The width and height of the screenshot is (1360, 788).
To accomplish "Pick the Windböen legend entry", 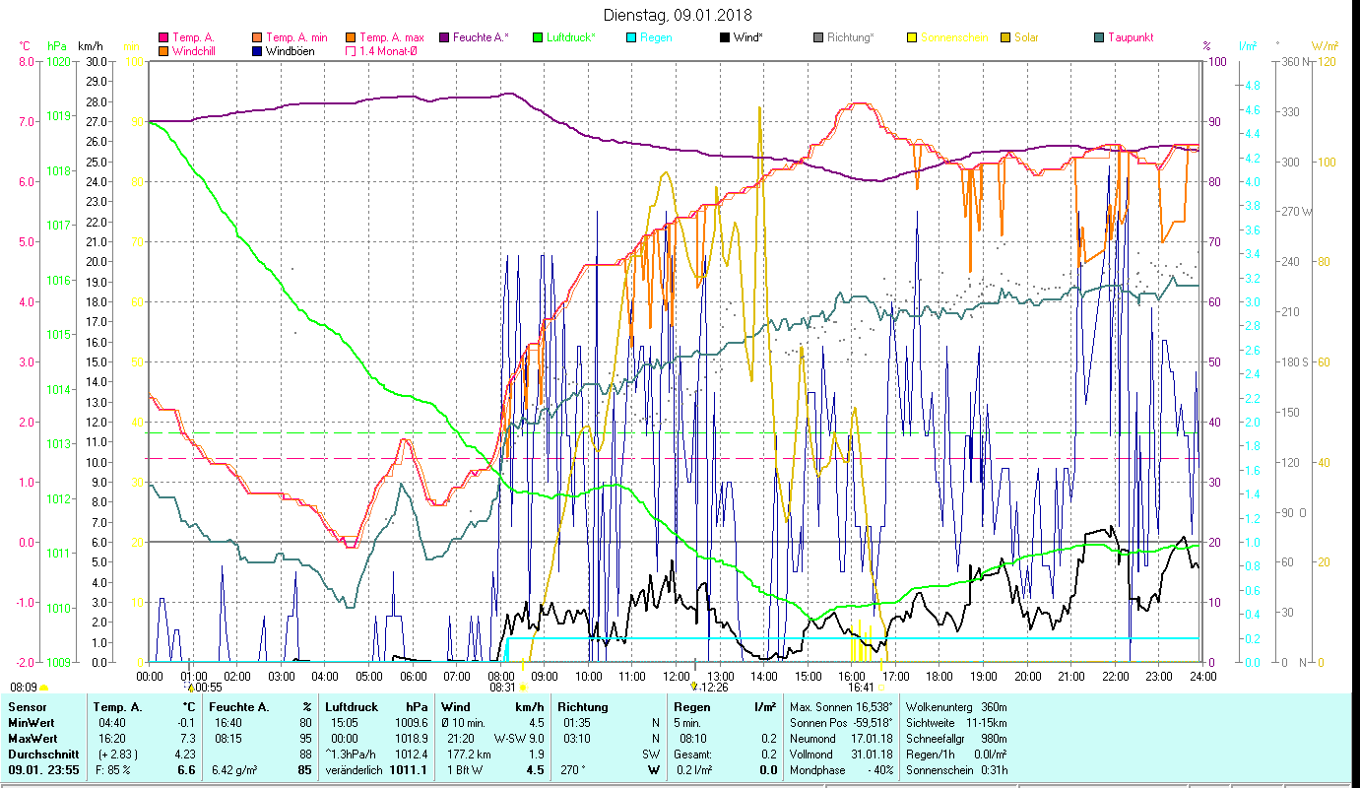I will click(x=285, y=51).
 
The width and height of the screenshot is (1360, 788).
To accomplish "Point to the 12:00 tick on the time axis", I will click(x=677, y=676).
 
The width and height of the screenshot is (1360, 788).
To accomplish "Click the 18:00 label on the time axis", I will click(x=939, y=676).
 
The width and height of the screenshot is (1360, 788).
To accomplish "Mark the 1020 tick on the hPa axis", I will click(x=58, y=61).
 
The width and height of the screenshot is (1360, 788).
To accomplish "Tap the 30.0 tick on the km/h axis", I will click(x=97, y=61).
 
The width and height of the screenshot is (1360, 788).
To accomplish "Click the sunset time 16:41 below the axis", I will click(x=861, y=688).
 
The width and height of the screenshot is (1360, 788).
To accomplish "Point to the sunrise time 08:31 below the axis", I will click(x=502, y=688).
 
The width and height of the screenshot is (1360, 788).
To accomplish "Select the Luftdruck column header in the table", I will click(x=349, y=706).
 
